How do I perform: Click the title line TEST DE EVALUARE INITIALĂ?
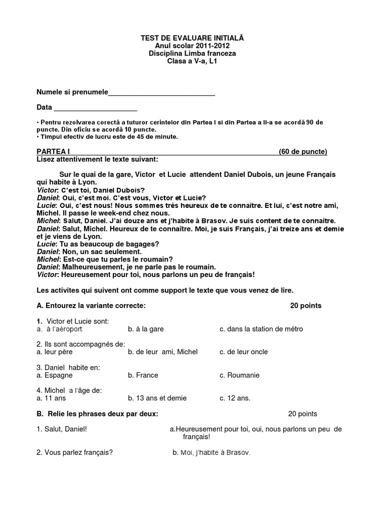click(192, 38)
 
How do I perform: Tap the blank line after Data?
click(95, 109)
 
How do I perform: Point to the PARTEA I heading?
click(53, 152)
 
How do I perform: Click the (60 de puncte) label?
click(303, 152)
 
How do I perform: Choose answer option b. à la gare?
click(146, 329)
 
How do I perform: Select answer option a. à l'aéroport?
click(60, 329)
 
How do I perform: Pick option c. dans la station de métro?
click(261, 329)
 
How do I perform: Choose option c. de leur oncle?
click(244, 352)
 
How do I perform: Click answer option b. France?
click(143, 375)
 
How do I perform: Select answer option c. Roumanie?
click(240, 375)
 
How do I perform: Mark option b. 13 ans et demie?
click(157, 398)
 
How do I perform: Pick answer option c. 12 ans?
click(235, 398)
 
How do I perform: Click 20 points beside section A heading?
click(306, 306)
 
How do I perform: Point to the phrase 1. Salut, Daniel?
click(65, 429)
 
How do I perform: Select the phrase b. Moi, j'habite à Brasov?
click(211, 452)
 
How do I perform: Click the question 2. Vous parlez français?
click(74, 452)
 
